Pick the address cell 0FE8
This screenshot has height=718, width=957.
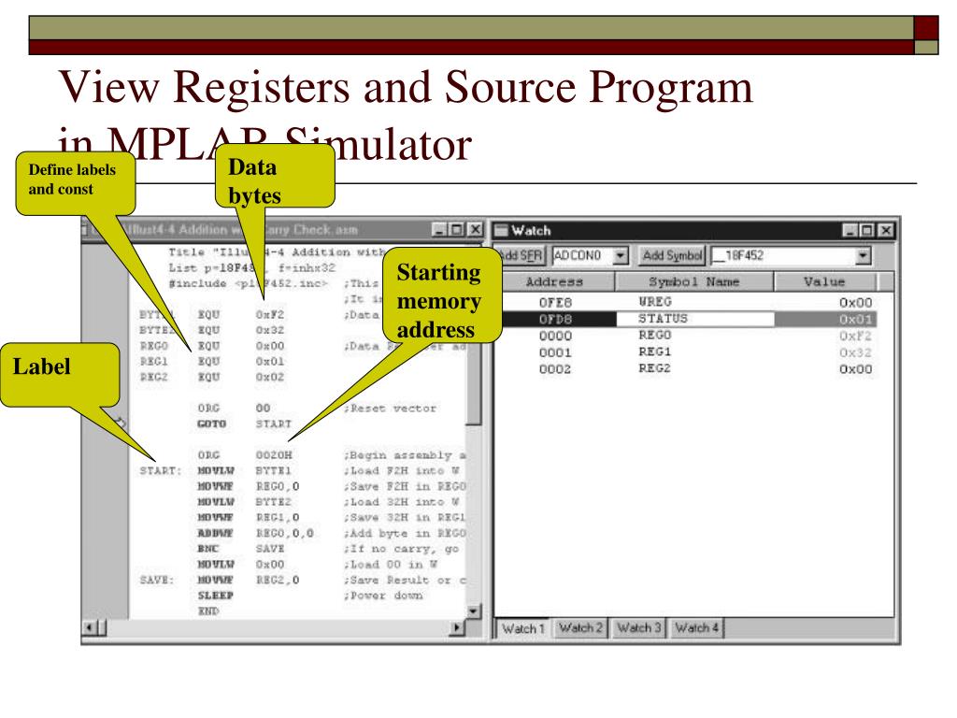coord(555,302)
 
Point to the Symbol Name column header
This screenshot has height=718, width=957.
coord(694,280)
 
